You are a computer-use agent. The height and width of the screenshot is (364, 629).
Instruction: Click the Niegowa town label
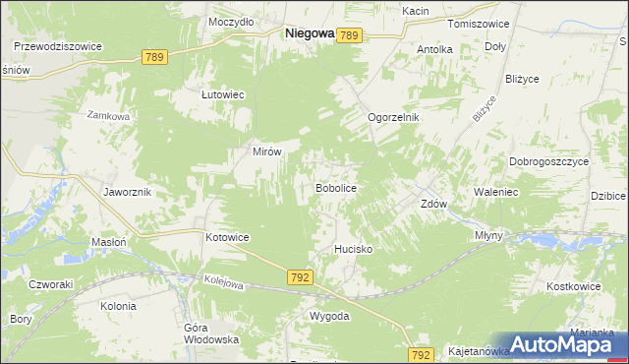click(x=308, y=32)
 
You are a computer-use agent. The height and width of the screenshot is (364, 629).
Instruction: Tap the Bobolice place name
click(x=334, y=187)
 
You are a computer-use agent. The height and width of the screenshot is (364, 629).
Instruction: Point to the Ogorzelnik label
click(x=393, y=117)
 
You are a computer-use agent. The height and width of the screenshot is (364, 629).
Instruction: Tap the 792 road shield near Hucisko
click(x=301, y=278)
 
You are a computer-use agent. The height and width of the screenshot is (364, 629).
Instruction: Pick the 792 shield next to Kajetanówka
click(x=422, y=354)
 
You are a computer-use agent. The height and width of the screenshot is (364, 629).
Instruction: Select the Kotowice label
click(x=227, y=238)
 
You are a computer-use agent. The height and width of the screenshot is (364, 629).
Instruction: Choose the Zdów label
click(x=434, y=205)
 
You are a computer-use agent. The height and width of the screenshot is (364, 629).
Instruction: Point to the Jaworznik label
click(x=127, y=192)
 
